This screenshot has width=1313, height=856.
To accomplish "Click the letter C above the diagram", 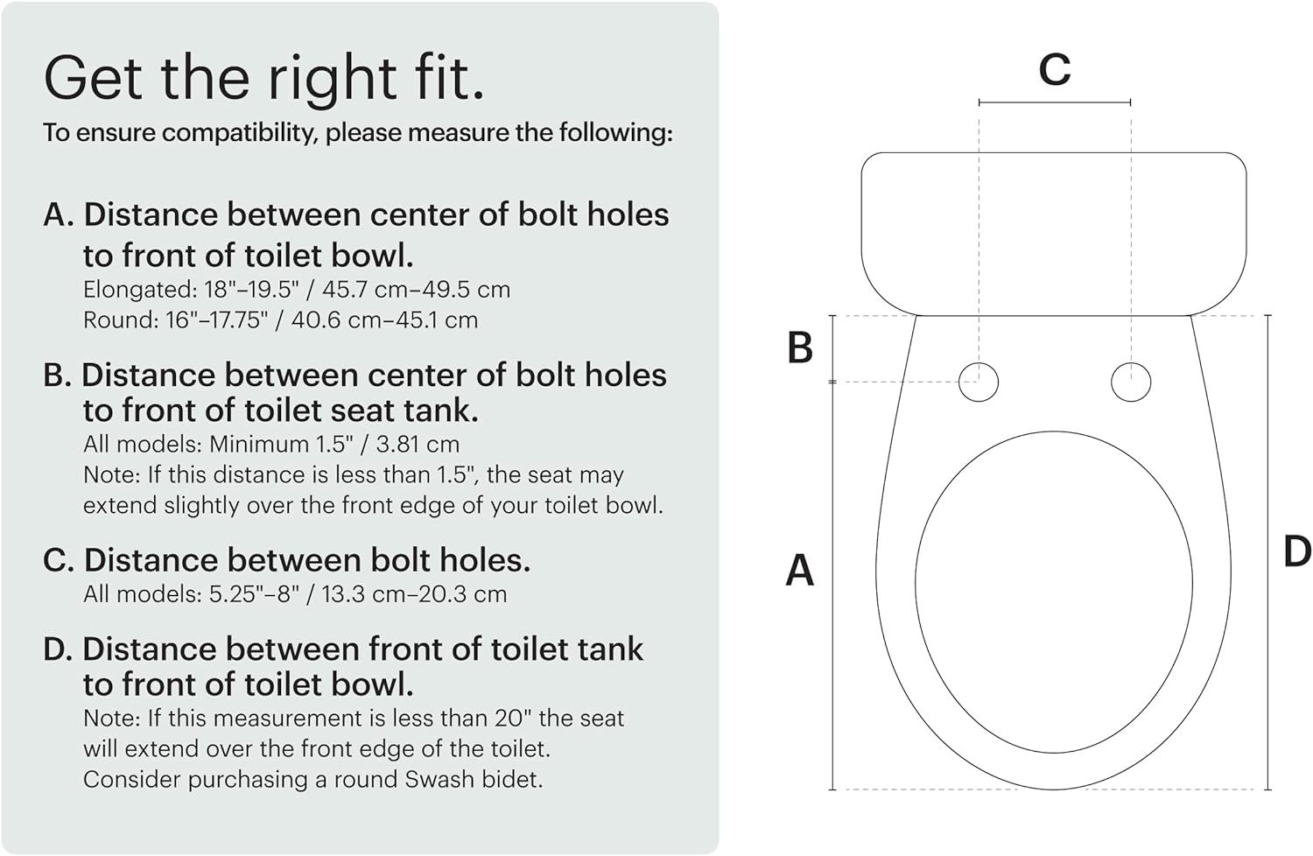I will coord(1054,69).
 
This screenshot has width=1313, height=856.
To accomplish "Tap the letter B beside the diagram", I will coord(800,347).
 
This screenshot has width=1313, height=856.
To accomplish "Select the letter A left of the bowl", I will coord(799,571).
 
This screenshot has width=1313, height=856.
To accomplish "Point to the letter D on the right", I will coord(1296,552).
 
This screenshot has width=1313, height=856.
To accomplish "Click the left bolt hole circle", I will coord(979,382).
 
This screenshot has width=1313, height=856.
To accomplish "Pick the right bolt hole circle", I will coord(1131,382).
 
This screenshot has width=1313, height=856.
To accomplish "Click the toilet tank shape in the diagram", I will coord(1053,232).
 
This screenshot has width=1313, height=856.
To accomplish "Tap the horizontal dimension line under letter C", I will coord(1054,102).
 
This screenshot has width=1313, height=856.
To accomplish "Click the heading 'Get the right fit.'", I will coord(263,79).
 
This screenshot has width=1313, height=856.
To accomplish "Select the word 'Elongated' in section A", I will coord(123,290).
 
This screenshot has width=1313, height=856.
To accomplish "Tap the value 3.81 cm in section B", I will coord(418,445).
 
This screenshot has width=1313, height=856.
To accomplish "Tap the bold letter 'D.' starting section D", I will coord(58,649).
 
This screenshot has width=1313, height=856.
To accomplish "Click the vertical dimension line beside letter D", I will coord(1268,552).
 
